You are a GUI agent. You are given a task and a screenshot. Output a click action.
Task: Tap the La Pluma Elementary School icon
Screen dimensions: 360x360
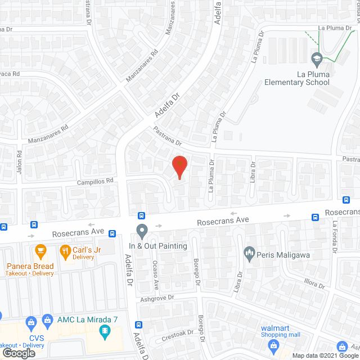316,58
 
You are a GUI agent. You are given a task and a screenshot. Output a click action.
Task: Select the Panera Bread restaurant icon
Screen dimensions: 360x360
40,249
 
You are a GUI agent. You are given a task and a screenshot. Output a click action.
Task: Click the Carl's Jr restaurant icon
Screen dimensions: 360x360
66,251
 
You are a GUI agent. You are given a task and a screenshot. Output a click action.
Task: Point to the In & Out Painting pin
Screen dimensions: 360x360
142,231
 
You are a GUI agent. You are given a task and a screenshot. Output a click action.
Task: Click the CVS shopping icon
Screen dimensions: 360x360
31,322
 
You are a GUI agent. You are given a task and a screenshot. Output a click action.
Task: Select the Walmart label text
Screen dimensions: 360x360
274,328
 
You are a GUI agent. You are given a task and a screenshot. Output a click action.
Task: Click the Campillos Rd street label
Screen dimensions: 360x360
95,182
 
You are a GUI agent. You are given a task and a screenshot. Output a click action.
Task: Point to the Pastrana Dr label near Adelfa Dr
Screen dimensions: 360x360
166,136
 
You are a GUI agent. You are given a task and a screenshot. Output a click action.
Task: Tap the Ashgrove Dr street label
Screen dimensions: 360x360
158,298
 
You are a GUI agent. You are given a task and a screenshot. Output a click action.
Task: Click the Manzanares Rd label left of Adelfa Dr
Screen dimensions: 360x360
47,133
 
